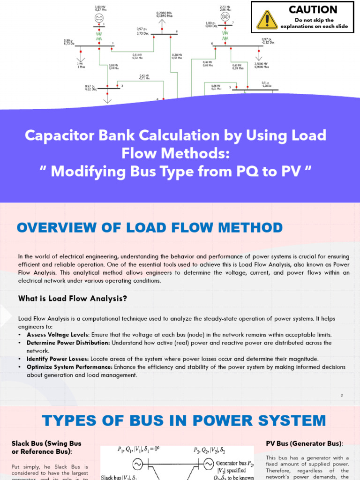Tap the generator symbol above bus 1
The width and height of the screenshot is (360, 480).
(x=99, y=17)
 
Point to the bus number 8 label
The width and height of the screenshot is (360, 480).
(x=177, y=31)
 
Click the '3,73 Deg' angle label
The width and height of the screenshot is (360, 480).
(x=142, y=33)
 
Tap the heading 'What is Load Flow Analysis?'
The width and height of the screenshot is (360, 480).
(x=73, y=298)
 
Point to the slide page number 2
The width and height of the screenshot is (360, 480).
(x=342, y=395)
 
